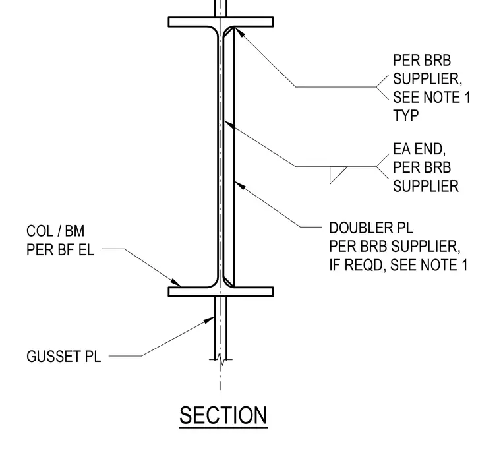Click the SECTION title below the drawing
click(x=223, y=415)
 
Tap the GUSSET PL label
click(x=63, y=357)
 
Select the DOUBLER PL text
click(x=371, y=228)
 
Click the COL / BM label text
click(x=55, y=231)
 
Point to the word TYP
click(x=405, y=115)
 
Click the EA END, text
click(x=419, y=149)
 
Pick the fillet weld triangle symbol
click(x=338, y=175)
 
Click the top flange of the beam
click(x=221, y=22)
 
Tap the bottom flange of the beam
click(x=221, y=291)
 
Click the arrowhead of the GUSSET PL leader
click(x=209, y=320)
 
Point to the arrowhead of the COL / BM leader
click(x=176, y=282)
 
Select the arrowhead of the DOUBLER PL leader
click(x=239, y=185)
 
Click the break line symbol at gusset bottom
click(x=221, y=360)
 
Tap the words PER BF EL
click(x=60, y=249)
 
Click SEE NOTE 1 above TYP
click(x=431, y=97)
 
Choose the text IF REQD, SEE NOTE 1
click(x=398, y=265)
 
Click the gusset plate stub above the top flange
click(x=221, y=9)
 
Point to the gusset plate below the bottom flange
click(x=221, y=328)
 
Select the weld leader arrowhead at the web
click(x=229, y=124)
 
